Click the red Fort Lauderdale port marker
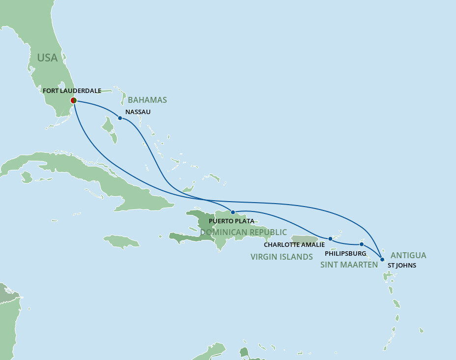(73, 100)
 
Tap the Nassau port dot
(120, 118)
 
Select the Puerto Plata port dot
(233, 212)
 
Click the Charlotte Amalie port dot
(330, 239)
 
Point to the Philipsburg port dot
(362, 244)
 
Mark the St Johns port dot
(382, 259)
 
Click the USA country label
(47, 58)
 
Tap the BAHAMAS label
(147, 100)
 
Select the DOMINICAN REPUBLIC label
(243, 232)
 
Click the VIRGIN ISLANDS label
(282, 257)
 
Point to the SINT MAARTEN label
(349, 265)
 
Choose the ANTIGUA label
(408, 255)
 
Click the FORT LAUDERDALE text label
(72, 91)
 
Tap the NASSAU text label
(138, 112)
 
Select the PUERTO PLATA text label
(231, 221)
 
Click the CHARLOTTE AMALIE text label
(294, 244)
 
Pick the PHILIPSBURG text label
(345, 254)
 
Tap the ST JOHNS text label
(402, 266)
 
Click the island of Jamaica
(121, 241)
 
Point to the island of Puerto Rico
(305, 240)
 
